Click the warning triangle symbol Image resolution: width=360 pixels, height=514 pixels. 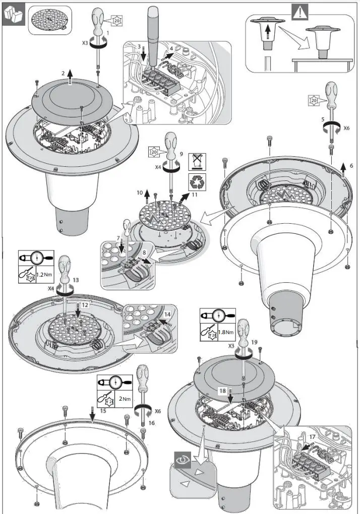pos(301,11)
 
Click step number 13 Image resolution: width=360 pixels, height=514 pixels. pos(76,279)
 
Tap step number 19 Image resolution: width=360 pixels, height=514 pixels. pos(254,342)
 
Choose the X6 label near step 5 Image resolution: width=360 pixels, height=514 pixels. pos(346,128)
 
